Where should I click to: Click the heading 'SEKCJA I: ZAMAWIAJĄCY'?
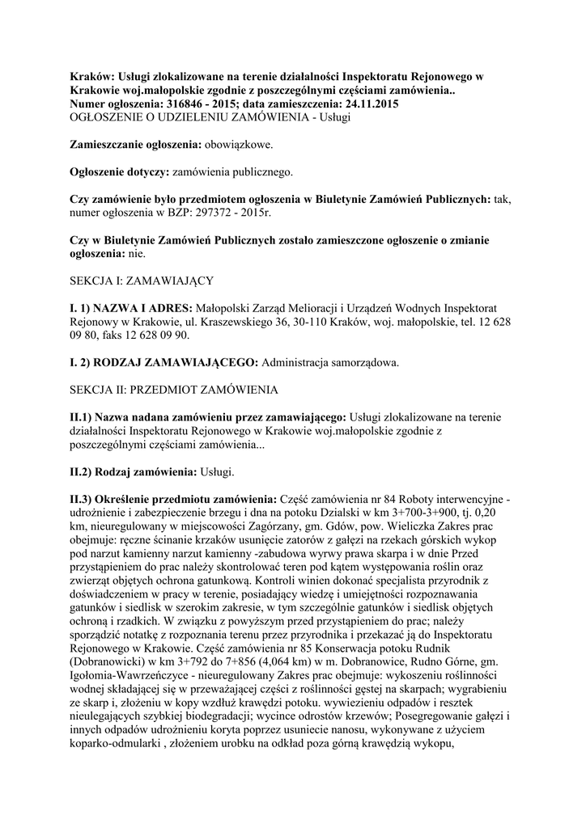click(x=142, y=280)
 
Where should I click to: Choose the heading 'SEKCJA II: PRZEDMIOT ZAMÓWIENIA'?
click(x=175, y=389)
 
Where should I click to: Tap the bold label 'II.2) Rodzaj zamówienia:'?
click(x=132, y=471)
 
